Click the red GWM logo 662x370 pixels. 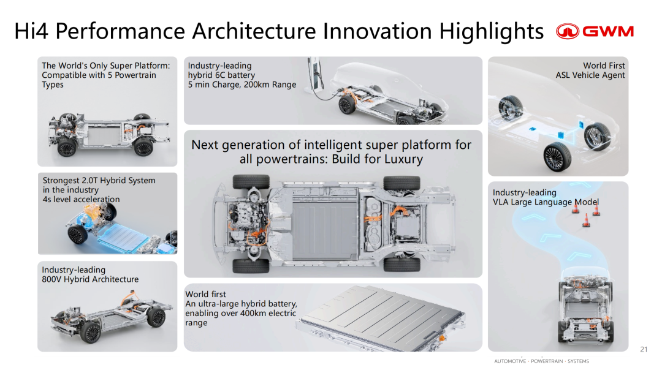(x=595, y=31)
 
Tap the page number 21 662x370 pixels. (x=644, y=349)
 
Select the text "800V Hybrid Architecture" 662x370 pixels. (x=90, y=279)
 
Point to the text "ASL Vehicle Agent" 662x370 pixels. (x=590, y=75)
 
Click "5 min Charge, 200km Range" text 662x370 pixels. (x=242, y=85)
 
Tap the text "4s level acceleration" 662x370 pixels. (x=81, y=199)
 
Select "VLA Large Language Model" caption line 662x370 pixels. (x=546, y=202)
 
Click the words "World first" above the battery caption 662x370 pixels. (x=205, y=294)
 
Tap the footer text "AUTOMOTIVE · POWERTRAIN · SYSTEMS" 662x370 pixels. (x=542, y=361)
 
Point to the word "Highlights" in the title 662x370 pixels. (x=491, y=31)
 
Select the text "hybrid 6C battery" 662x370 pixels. (x=221, y=75)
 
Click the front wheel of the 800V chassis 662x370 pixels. (x=90, y=331)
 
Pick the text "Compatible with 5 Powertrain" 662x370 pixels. (x=99, y=75)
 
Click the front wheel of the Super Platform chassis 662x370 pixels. (x=67, y=147)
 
